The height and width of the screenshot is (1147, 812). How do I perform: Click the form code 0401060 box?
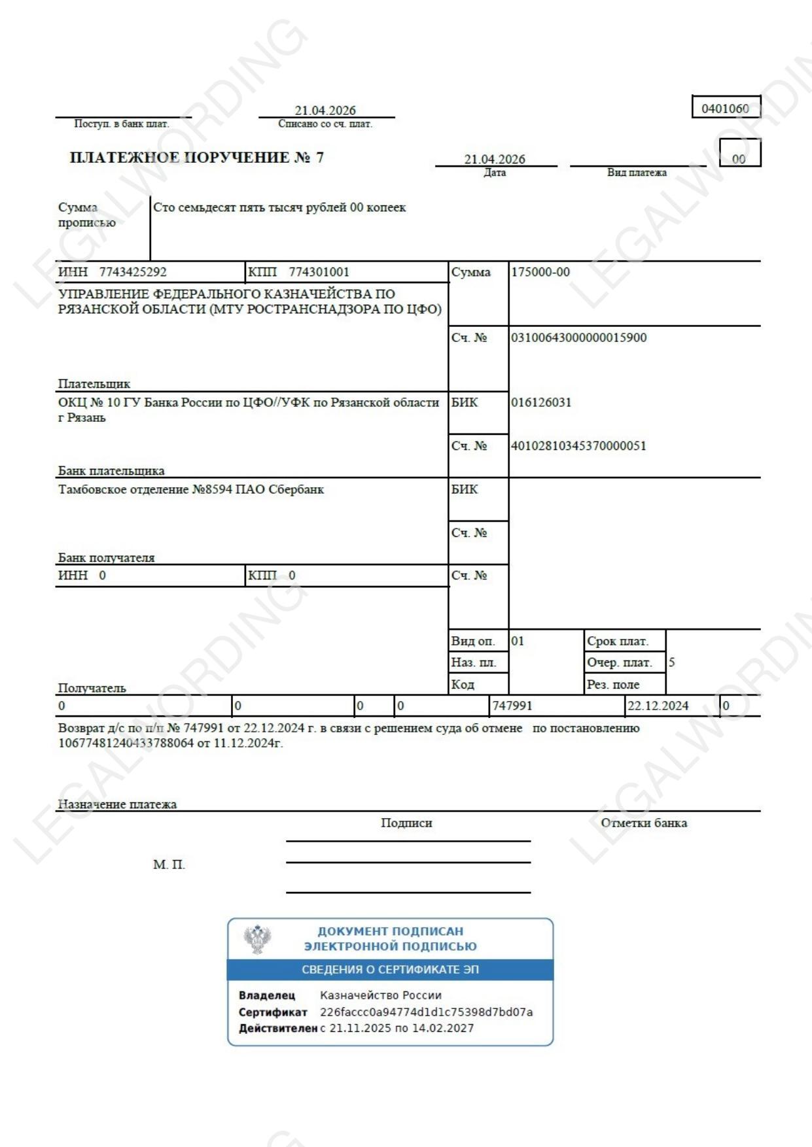point(725,108)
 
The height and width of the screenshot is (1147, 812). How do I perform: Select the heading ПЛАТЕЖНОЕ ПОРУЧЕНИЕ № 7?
point(196,158)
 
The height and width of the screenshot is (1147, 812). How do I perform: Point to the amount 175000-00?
point(540,272)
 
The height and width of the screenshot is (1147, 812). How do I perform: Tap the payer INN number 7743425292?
point(133,272)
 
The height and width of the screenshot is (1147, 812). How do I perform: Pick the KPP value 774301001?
point(319,272)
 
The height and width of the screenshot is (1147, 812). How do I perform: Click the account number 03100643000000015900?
point(578,337)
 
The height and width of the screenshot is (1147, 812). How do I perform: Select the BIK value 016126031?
point(541,402)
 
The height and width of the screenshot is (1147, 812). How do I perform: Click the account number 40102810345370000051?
point(578,446)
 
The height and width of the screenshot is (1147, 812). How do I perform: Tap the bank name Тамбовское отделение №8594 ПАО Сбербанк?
point(191,489)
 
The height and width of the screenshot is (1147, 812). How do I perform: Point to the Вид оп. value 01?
point(518,641)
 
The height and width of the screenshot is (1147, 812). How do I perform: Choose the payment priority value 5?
point(672,662)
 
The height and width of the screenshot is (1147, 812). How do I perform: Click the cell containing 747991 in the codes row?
point(512,706)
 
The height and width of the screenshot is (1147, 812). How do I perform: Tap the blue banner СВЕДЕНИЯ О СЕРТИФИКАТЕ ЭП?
point(390,970)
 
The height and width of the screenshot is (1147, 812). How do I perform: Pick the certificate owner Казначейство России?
point(381,995)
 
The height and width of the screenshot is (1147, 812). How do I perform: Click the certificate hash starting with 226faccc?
point(426,1012)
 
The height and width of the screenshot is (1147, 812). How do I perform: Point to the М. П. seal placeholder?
point(169,865)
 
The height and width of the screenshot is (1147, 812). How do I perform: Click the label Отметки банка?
point(644,823)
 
